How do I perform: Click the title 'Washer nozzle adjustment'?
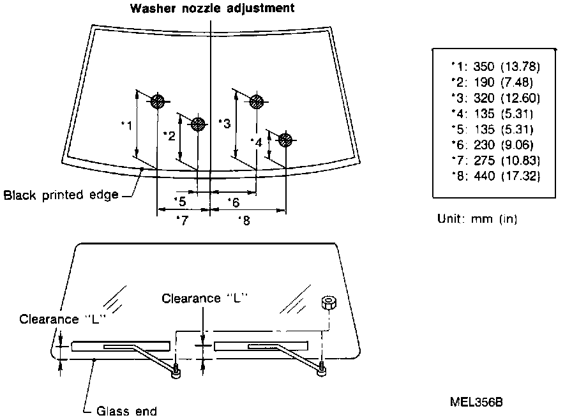tap(213, 8)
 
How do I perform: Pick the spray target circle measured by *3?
tap(257, 101)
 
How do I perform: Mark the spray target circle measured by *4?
tap(285, 139)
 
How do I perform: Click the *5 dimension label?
tap(179, 202)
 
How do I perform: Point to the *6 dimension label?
tap(233, 202)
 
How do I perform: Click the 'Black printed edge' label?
tap(61, 195)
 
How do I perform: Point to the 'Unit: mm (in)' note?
tap(477, 219)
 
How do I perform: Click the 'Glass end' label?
tap(126, 411)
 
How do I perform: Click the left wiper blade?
tap(121, 347)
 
